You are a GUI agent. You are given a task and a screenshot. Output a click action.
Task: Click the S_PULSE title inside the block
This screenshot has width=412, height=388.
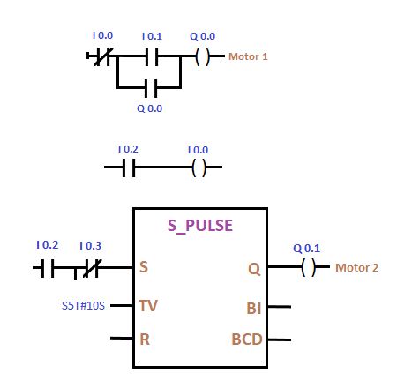[x=200, y=225]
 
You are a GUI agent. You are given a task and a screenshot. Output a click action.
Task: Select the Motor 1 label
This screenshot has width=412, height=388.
[x=248, y=56]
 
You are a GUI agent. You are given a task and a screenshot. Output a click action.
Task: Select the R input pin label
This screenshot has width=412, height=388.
[x=144, y=338]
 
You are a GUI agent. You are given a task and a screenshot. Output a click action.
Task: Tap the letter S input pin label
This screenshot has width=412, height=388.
[x=143, y=266]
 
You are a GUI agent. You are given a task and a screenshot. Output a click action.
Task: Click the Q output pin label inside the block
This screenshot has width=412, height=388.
[x=253, y=266]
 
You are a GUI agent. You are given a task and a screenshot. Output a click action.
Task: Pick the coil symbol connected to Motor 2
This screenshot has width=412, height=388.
[x=307, y=267]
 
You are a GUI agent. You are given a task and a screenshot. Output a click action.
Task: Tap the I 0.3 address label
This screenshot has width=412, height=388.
[x=90, y=245]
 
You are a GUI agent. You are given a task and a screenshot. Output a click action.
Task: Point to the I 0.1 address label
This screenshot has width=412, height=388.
[x=152, y=36]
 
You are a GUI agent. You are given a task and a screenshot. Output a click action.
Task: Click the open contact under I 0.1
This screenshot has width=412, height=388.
[x=152, y=57]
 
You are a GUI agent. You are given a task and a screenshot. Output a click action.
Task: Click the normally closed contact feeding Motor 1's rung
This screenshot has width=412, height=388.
[x=102, y=57]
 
